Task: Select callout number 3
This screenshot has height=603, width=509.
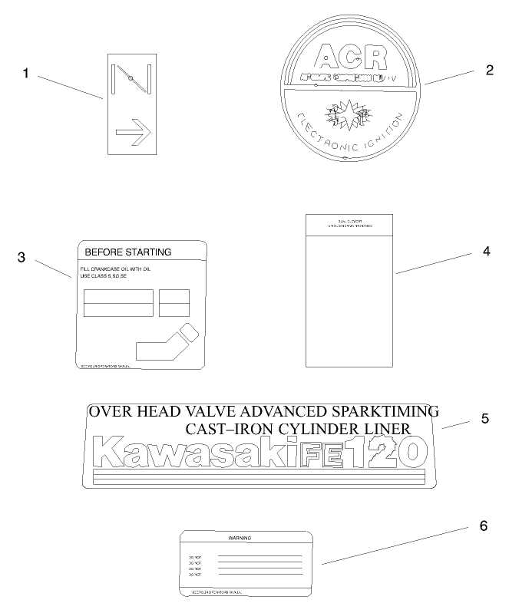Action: point(22,257)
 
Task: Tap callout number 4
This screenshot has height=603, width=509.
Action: point(486,251)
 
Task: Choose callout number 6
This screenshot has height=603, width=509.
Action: point(483,526)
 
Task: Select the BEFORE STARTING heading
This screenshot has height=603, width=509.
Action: point(127,252)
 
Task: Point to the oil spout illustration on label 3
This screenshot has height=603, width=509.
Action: point(166,341)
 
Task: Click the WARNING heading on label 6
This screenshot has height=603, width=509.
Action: point(240,538)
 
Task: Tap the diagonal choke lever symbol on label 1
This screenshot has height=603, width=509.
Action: point(132,79)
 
